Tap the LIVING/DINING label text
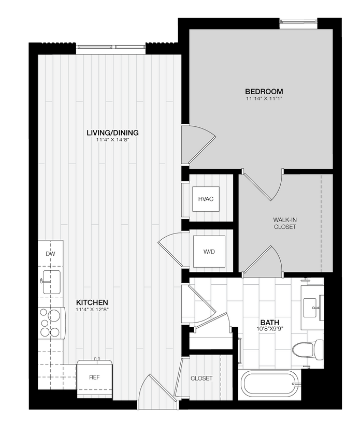pos(112,133)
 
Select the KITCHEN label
pos(92,302)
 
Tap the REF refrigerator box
pos(94,378)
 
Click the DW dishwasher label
pos(50,254)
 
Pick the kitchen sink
pos(51,282)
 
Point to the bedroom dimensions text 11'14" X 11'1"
pos(264,98)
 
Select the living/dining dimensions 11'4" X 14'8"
pos(112,140)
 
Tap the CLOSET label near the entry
pos(201,378)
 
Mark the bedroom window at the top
pos(298,23)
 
